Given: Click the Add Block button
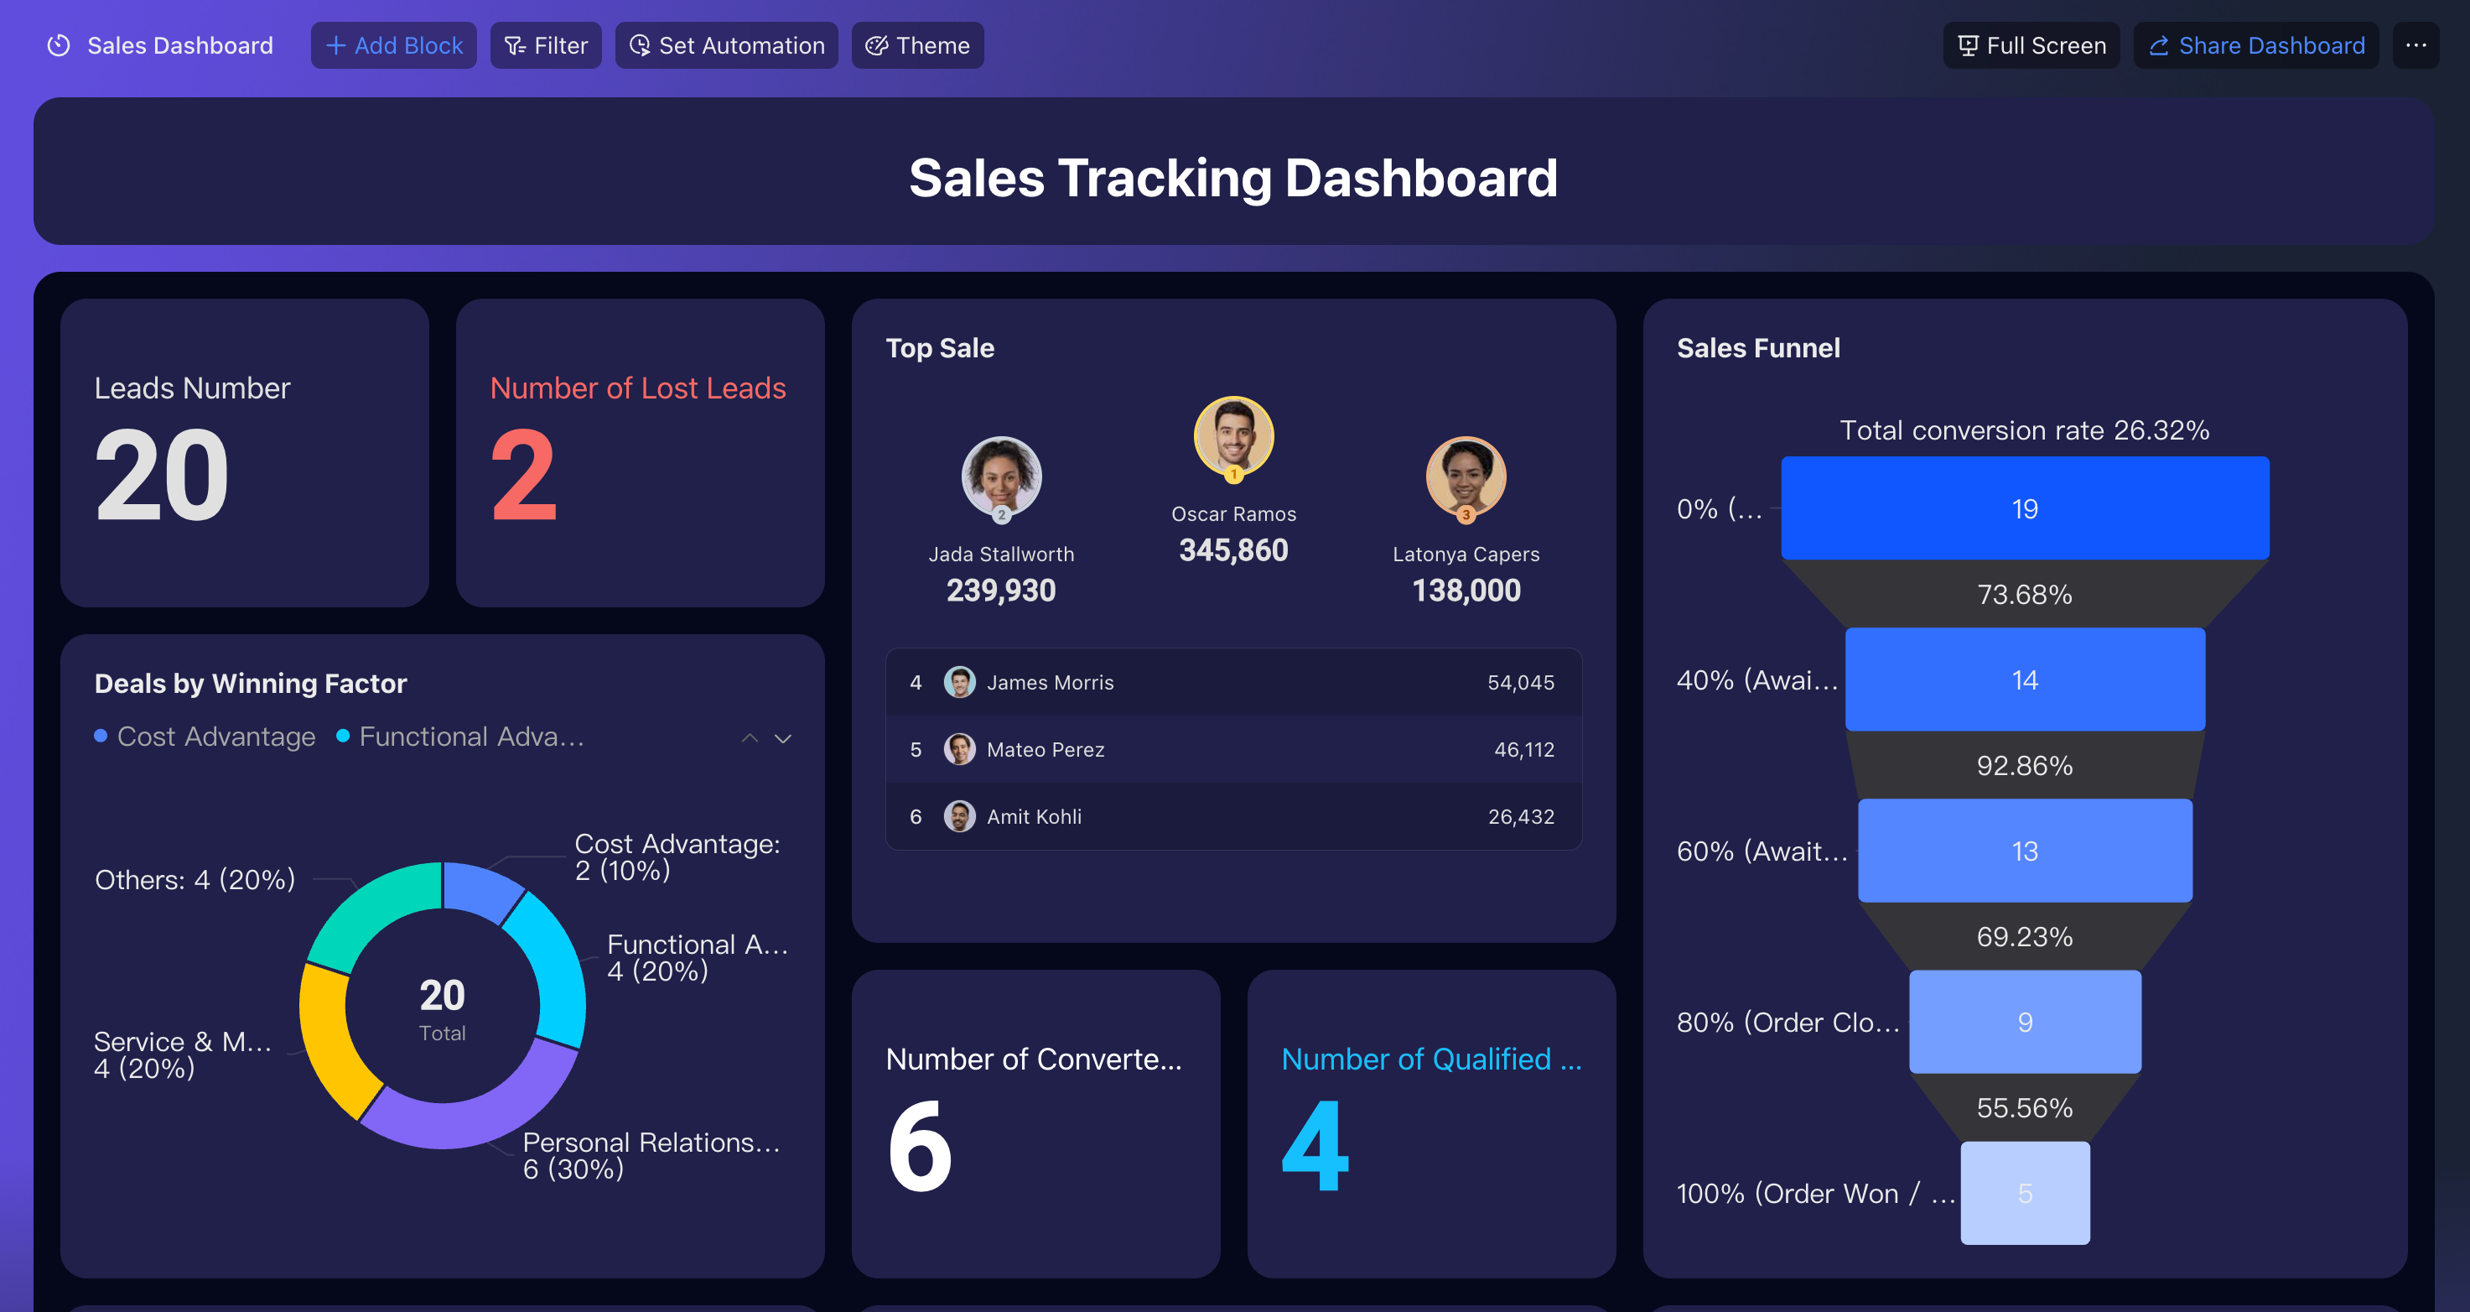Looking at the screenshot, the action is [393, 45].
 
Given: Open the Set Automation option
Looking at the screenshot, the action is [726, 45].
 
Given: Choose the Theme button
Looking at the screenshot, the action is [916, 45].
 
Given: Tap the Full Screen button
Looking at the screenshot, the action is [2031, 45].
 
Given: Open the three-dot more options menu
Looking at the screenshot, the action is [2416, 45].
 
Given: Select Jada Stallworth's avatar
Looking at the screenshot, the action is [1001, 476].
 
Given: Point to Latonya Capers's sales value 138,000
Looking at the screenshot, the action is [1466, 591].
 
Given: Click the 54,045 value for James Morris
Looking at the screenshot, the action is [1521, 683].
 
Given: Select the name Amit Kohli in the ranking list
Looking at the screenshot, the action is [1034, 817].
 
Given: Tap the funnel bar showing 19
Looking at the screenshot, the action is [2025, 508].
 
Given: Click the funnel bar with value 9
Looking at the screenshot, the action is [2025, 1023].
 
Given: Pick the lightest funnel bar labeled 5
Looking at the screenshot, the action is [2025, 1193].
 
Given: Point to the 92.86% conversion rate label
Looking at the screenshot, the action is [2025, 765].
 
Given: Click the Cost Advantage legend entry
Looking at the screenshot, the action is [205, 737].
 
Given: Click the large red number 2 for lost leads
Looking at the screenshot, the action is [523, 475].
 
